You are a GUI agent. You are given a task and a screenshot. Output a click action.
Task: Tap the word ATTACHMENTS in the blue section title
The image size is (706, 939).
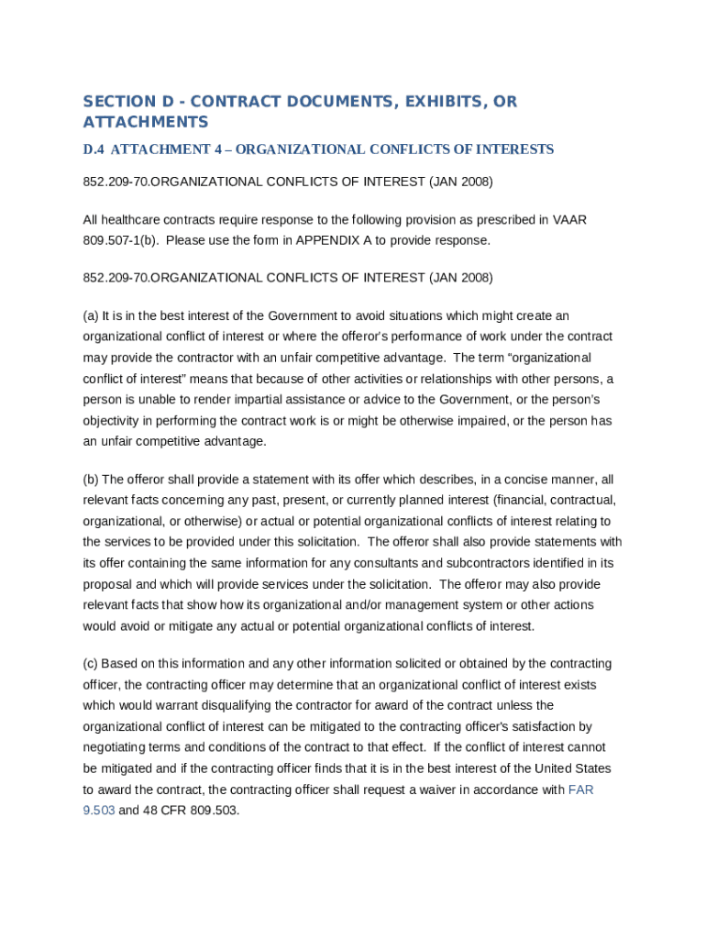point(146,122)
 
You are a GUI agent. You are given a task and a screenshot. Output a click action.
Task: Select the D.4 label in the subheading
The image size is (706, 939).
point(94,149)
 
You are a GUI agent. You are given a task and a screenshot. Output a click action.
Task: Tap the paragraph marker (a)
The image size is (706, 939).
point(91,315)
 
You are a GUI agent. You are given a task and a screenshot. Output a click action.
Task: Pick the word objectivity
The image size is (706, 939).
point(114,421)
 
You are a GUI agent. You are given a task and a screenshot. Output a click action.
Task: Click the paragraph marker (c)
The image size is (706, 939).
point(91,664)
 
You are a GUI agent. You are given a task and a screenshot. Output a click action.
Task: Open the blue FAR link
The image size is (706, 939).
point(580,790)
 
